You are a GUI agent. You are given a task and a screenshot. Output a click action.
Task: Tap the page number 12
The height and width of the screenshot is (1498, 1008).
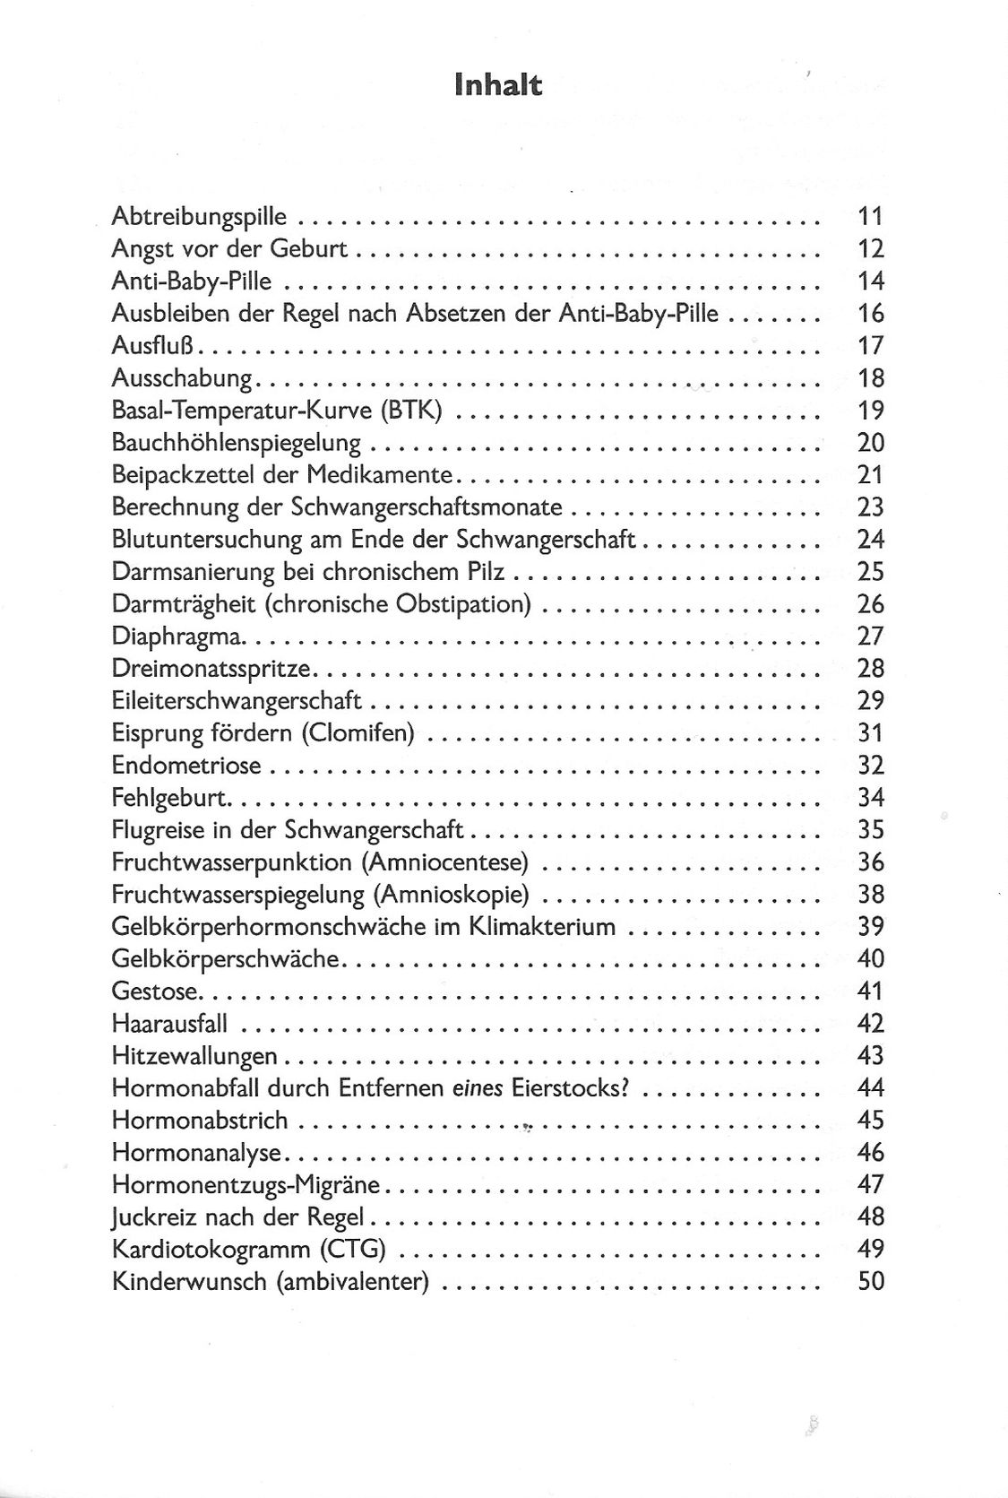pos(870,248)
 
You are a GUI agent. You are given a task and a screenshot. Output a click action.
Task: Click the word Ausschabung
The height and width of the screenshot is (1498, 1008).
pos(183,377)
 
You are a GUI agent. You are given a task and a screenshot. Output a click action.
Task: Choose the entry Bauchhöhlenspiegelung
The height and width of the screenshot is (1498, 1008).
pos(237,442)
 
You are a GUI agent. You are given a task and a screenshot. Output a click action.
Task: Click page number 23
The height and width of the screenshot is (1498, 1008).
pos(870,507)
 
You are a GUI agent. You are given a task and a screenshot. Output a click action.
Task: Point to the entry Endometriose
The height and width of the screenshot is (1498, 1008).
pos(186,765)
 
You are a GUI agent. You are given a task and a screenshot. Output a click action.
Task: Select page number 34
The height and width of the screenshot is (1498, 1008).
pos(870,797)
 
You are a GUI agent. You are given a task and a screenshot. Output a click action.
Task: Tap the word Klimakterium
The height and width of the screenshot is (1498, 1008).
pos(542,926)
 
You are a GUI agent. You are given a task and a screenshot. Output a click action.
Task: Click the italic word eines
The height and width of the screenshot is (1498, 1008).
pos(476,1087)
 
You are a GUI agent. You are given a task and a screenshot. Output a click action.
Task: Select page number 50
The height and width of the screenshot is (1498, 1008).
pos(870,1281)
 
